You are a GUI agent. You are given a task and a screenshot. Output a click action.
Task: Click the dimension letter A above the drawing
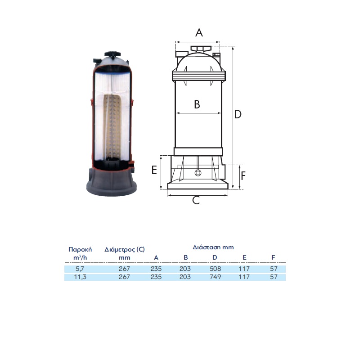tap(199, 32)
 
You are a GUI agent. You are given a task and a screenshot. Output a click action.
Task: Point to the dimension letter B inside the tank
tap(197, 104)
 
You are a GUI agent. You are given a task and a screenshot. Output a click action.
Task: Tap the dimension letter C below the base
tap(196, 200)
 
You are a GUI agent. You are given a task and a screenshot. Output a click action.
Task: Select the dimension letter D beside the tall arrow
tap(238, 114)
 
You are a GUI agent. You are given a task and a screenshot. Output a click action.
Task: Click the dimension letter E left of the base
tap(154, 170)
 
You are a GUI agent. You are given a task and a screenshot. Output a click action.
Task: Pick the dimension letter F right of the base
tap(243, 176)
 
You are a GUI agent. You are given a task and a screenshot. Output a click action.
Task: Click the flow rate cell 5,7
tap(80, 269)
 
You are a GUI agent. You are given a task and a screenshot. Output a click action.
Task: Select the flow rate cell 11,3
tap(80, 277)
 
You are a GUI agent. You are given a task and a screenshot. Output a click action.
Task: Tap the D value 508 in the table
tap(215, 269)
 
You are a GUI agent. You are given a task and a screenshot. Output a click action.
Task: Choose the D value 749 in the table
tap(215, 277)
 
